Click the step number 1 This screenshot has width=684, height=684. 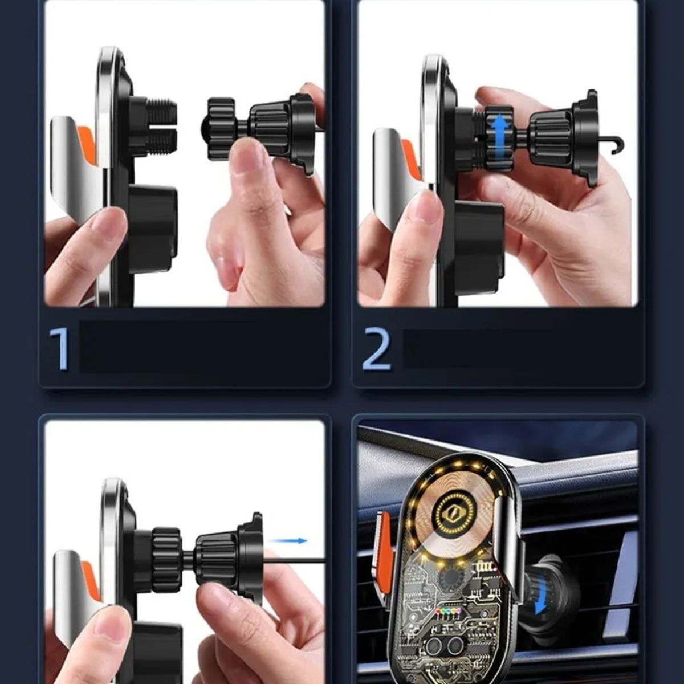59,349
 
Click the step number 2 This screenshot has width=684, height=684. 377,349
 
